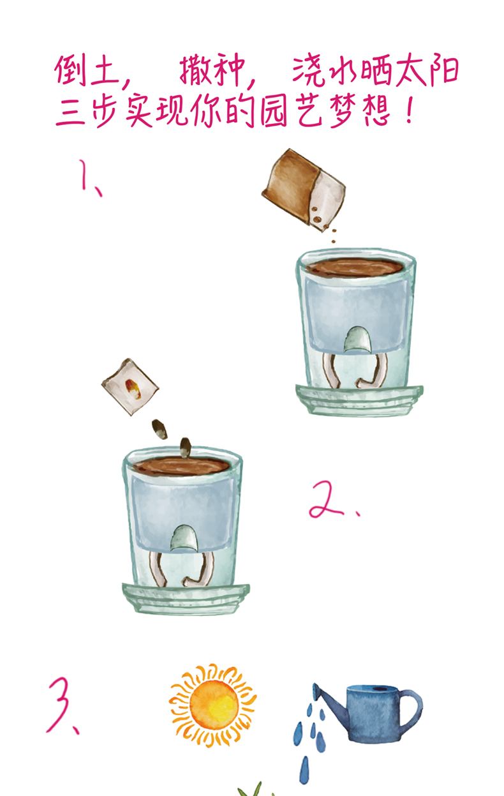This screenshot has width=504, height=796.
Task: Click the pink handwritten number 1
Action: click(x=85, y=177)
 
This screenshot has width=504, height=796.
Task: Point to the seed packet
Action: click(x=130, y=387)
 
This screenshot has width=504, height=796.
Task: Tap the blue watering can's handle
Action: click(x=413, y=709)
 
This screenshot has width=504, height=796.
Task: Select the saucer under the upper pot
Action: click(x=359, y=400)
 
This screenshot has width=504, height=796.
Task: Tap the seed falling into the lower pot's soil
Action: click(x=185, y=447)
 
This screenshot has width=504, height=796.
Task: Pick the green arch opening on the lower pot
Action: click(x=184, y=539)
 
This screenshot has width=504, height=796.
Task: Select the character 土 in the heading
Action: click(x=105, y=71)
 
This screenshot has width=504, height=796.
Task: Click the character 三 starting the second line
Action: click(x=70, y=111)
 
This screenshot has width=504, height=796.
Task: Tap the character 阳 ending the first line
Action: click(x=444, y=71)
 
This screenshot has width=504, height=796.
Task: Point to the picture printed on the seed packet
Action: click(x=132, y=388)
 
